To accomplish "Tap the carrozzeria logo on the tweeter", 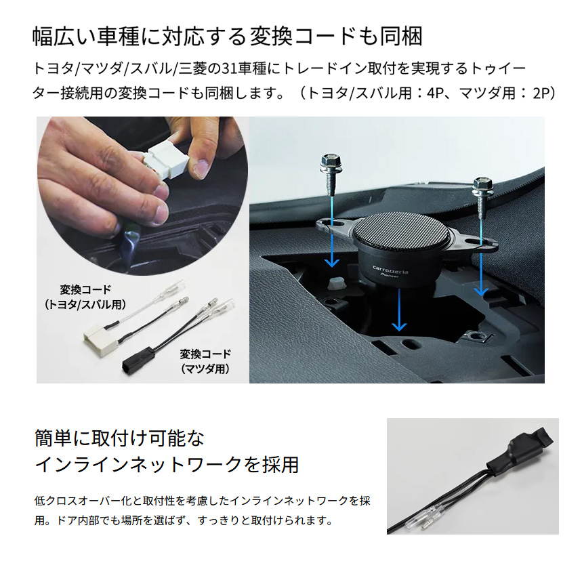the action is [390, 270].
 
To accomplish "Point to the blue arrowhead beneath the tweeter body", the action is [399, 325].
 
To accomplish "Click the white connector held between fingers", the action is [166, 162].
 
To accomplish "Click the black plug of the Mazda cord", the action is [138, 360].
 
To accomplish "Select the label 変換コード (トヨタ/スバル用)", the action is [85, 297].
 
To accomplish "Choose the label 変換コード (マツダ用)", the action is [205, 361].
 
